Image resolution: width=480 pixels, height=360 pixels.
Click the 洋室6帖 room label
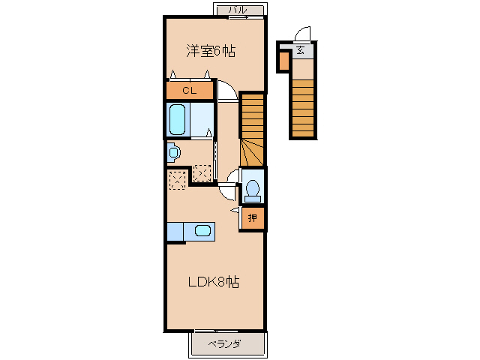211,51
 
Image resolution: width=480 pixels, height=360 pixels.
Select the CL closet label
189,91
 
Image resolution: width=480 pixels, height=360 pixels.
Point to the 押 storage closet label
253,218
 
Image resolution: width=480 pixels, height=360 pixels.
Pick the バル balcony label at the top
238,9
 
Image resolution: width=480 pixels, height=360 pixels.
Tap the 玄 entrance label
300,51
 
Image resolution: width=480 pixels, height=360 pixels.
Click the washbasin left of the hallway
174,152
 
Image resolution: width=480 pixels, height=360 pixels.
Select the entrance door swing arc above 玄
301,34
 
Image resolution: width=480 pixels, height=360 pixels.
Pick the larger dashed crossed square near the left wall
178,180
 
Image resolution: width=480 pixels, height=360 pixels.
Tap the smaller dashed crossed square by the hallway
202,172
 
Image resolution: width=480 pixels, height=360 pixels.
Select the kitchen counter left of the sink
175,232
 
